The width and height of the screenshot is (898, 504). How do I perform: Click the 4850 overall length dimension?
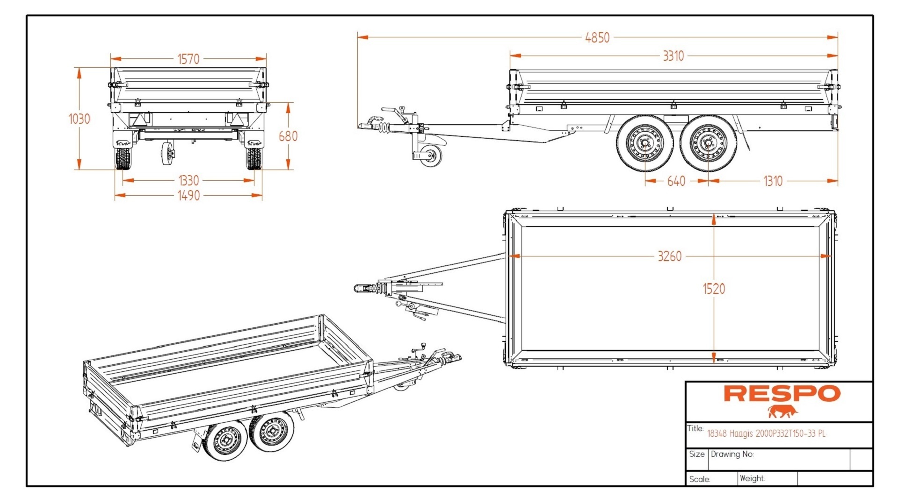tap(597, 38)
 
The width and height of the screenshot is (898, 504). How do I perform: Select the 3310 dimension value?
tap(673, 56)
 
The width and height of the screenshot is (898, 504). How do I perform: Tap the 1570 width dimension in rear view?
tap(188, 59)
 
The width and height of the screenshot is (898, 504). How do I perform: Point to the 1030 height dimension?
tap(79, 119)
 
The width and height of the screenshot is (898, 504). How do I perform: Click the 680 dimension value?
tap(288, 136)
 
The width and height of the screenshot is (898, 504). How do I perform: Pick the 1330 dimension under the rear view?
tap(188, 181)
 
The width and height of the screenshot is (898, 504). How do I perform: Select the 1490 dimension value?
tap(188, 196)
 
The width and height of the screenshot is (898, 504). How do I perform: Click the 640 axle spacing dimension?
tap(676, 181)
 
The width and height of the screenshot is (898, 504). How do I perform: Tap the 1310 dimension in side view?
tap(772, 181)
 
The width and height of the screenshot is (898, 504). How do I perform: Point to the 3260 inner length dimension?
tap(669, 256)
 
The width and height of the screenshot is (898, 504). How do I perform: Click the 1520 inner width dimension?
tap(714, 289)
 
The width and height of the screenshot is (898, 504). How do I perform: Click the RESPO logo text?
tap(782, 394)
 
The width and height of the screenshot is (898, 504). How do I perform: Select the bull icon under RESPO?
tap(782, 412)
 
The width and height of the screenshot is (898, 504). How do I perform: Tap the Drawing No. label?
tap(732, 454)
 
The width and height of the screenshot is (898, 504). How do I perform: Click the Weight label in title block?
tap(752, 478)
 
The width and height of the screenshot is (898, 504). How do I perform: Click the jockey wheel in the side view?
tap(429, 156)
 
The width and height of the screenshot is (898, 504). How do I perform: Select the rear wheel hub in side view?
tap(707, 143)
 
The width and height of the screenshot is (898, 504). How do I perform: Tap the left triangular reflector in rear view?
tap(139, 120)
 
